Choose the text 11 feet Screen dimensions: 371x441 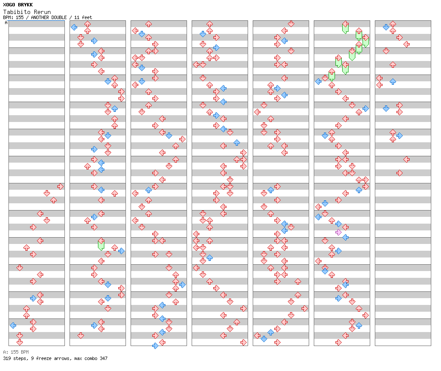pyautogui.click(x=83, y=17)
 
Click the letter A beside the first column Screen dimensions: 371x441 pyautogui.click(x=6, y=23)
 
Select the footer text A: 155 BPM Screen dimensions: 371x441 pyautogui.click(x=16, y=352)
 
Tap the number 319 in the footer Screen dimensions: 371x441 pyautogui.click(x=7, y=358)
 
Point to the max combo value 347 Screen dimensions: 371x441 pyautogui.click(x=103, y=358)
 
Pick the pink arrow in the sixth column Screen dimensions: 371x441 pyautogui.click(x=338, y=232)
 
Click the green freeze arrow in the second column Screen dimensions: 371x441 pyautogui.click(x=101, y=244)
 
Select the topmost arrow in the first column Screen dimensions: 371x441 pyautogui.click(x=60, y=186)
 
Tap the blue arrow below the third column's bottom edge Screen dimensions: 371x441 pyautogui.click(x=155, y=346)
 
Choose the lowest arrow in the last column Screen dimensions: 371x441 pyautogui.click(x=399, y=173)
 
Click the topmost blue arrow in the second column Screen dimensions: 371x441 pyautogui.click(x=74, y=27)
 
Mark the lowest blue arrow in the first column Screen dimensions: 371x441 pyautogui.click(x=13, y=325)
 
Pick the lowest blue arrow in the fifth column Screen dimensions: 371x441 pyautogui.click(x=264, y=339)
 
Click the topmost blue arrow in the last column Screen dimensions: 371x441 pyautogui.click(x=386, y=27)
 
